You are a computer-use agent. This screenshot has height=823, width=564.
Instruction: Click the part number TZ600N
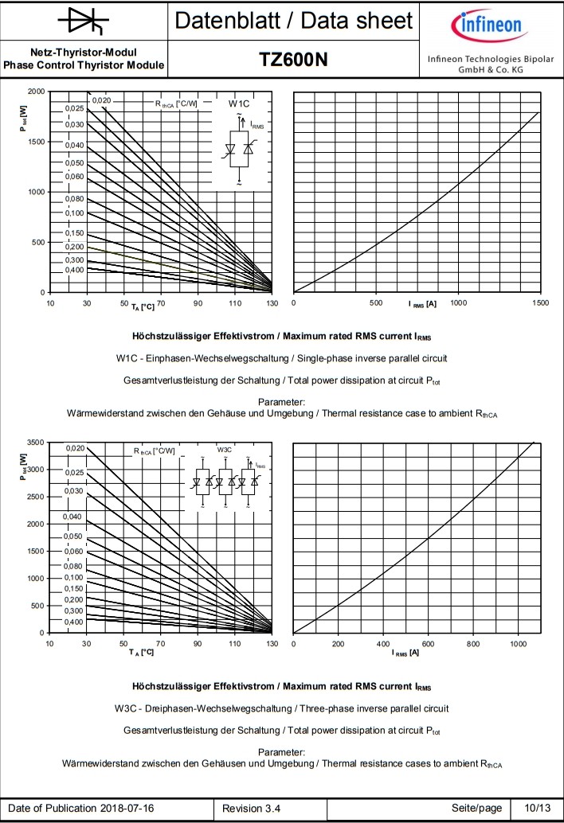tap(293, 60)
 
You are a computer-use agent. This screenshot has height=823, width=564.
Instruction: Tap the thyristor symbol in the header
tap(84, 21)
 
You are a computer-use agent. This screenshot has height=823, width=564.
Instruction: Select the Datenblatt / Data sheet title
tap(294, 21)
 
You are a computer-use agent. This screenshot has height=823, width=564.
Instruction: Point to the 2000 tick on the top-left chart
tap(36, 91)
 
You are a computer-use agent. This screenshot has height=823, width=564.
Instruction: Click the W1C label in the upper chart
tap(239, 103)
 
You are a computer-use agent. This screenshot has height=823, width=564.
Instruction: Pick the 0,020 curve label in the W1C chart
tap(101, 100)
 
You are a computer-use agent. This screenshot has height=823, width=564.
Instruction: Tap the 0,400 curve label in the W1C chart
tap(74, 271)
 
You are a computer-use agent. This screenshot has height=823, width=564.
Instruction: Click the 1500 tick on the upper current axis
tap(540, 303)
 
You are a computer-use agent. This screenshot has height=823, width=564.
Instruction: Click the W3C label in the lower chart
tap(225, 450)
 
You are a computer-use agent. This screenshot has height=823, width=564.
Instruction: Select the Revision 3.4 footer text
tap(251, 809)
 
